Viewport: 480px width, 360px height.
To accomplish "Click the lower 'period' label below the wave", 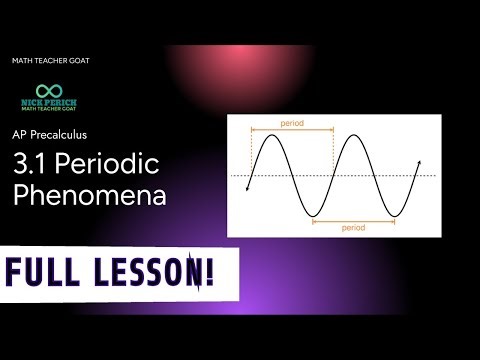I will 353,229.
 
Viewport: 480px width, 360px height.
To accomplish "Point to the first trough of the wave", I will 313,216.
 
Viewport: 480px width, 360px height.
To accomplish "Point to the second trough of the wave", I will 395,216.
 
